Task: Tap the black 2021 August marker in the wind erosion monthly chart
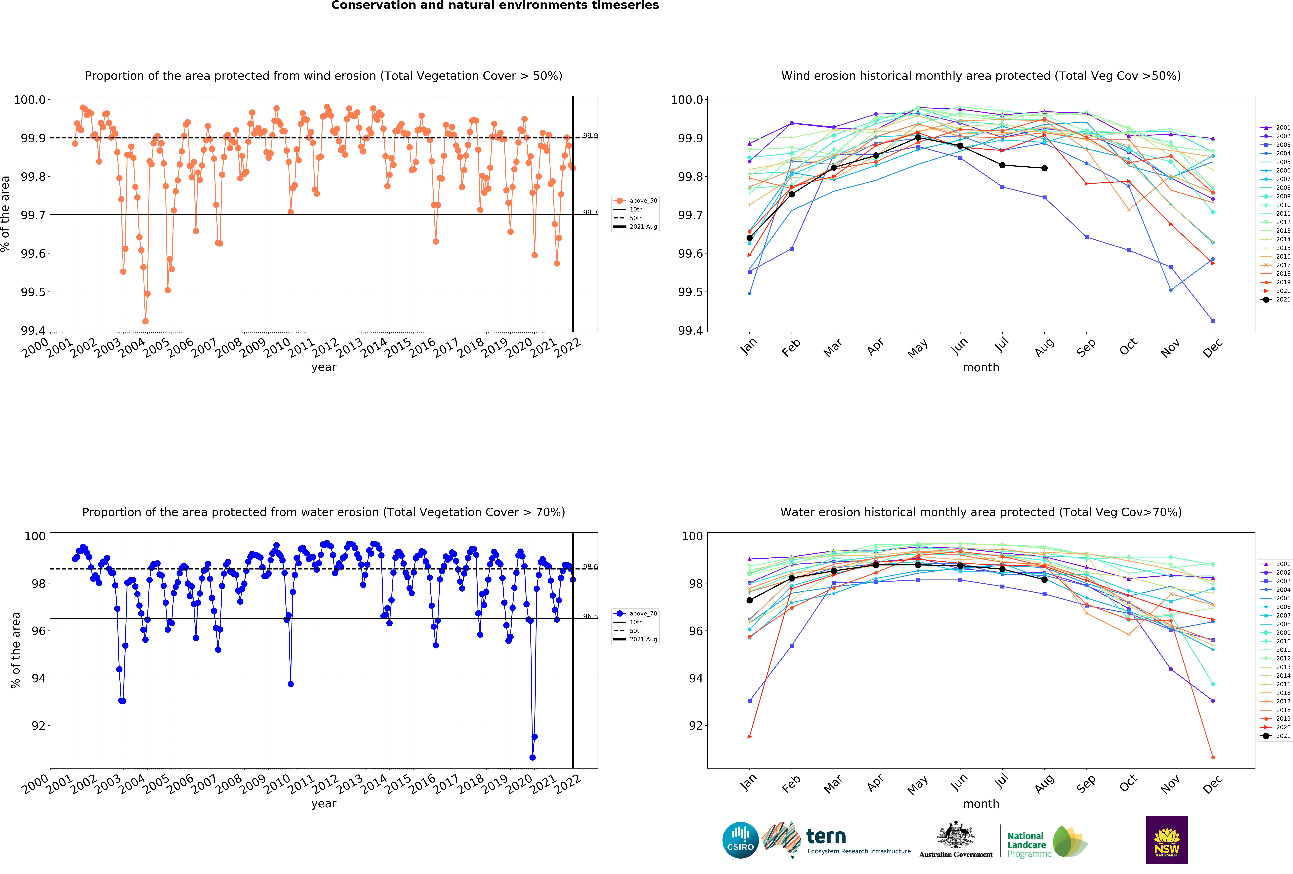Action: tap(1044, 168)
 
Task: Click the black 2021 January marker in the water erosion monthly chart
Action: tap(749, 600)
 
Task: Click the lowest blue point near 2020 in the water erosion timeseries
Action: tap(532, 757)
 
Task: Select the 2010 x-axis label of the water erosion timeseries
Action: tap(277, 783)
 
